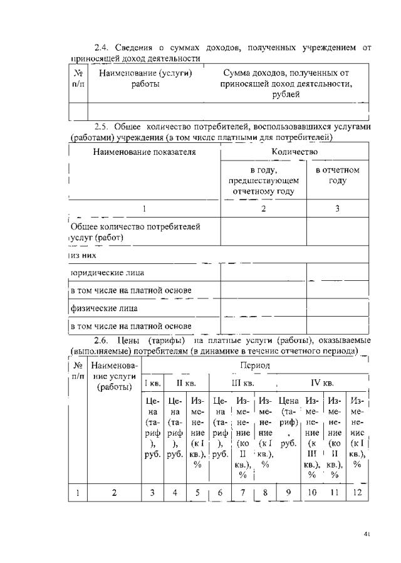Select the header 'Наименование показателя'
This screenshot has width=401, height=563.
(x=144, y=152)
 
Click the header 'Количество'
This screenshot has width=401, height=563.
(x=294, y=152)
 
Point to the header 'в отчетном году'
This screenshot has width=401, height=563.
(x=337, y=175)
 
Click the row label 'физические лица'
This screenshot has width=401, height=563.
(x=103, y=308)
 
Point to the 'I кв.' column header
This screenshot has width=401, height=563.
(x=152, y=382)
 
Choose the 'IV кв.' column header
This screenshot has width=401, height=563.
(x=321, y=382)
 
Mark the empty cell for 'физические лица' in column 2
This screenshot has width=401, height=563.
(x=263, y=308)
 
